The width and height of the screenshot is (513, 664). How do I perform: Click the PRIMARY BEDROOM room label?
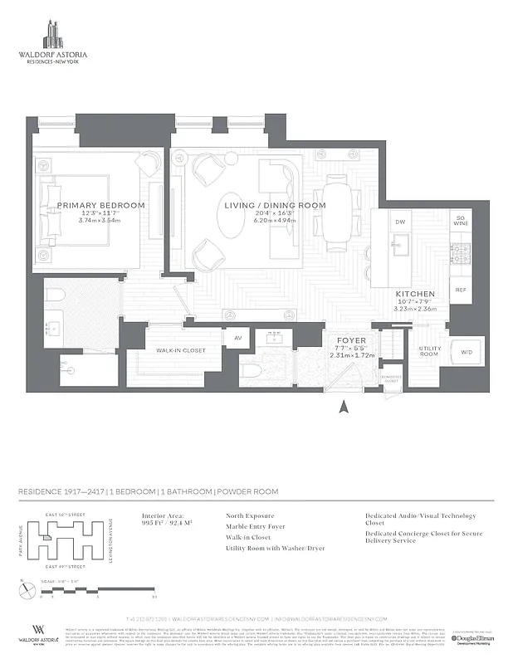pyautogui.click(x=100, y=205)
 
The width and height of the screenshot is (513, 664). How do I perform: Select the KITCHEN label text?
pyautogui.click(x=413, y=294)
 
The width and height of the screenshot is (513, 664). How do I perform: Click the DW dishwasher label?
pyautogui.click(x=399, y=222)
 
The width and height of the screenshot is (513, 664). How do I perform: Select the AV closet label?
pyautogui.click(x=237, y=338)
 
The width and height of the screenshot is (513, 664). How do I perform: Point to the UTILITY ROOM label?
pyautogui.click(x=428, y=352)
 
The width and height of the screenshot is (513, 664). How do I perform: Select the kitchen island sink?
pyautogui.click(x=399, y=246)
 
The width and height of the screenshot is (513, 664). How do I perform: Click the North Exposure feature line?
pyautogui.click(x=250, y=515)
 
